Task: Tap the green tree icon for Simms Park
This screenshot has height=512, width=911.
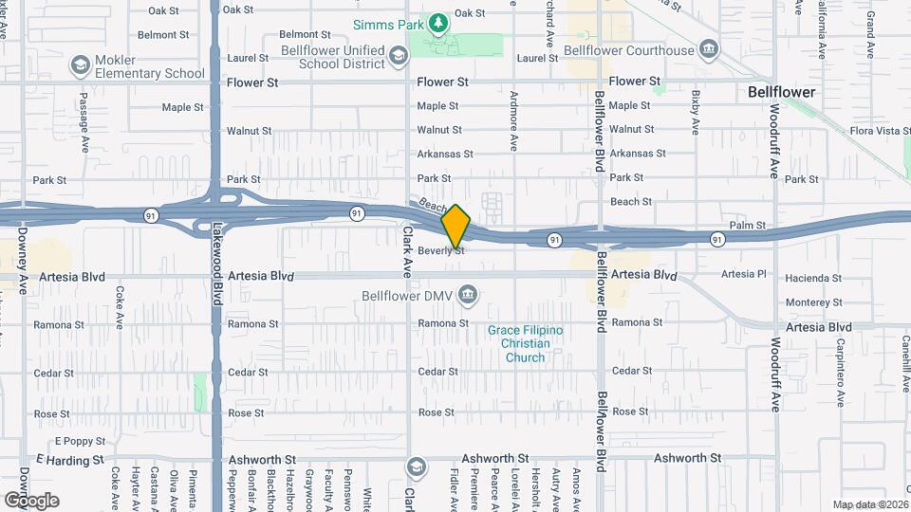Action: pos(438,22)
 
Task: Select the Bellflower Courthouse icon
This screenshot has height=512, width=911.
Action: pos(709,49)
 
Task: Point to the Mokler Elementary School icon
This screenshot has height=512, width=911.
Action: pos(80,65)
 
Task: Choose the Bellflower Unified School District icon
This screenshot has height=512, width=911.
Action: pos(401,58)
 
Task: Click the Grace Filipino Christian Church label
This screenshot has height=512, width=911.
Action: pos(525,343)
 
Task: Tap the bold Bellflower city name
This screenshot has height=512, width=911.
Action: pos(782,93)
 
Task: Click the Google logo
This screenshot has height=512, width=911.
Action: pos(31,500)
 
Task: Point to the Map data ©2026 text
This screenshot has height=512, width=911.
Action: pos(869,504)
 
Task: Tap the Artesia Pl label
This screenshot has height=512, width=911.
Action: pos(743,275)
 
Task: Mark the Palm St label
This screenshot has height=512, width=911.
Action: pos(748,226)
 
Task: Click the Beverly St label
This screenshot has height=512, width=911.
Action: pos(441,251)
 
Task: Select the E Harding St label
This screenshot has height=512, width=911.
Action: pos(69,461)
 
